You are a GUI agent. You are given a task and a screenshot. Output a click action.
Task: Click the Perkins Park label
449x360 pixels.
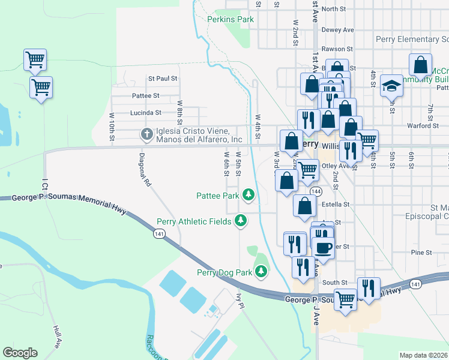point(231,19)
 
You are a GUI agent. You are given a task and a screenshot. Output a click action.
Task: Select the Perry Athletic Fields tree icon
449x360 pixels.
point(241,221)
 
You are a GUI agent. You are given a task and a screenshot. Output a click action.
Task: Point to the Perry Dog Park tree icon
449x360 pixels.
point(261,272)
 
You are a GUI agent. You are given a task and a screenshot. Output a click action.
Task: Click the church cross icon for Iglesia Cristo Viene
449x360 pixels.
point(146,135)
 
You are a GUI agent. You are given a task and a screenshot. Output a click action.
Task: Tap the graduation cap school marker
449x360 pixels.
point(391,85)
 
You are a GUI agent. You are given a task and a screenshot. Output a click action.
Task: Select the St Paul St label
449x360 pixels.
point(163,79)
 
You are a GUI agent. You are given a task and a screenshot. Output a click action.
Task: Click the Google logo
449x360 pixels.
point(20,353)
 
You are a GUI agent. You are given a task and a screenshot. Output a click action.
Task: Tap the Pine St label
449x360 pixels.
point(422,252)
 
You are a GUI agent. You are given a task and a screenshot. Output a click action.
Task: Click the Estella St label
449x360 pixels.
point(336,205)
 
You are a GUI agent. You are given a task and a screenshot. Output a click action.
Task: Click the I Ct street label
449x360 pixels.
point(44,184)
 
